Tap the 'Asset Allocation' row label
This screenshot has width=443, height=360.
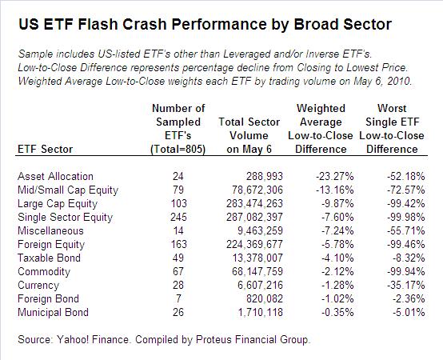(55, 176)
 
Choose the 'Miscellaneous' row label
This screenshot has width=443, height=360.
(50, 230)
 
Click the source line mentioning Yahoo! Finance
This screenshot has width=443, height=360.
(163, 340)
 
